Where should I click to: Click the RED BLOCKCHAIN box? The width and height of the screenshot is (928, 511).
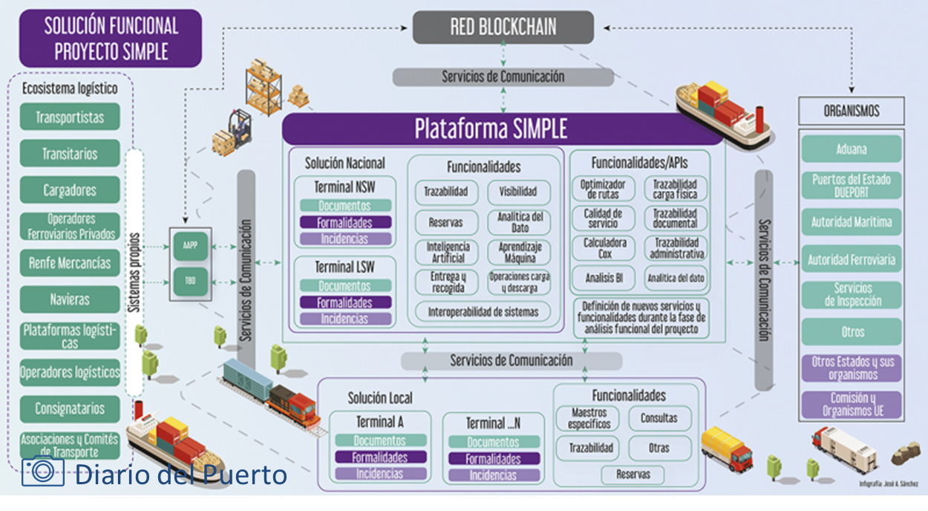(503, 27)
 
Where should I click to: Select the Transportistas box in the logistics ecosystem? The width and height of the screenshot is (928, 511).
(70, 117)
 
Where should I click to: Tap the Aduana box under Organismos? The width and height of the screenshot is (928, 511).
(851, 149)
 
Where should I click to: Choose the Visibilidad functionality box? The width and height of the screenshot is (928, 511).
(518, 192)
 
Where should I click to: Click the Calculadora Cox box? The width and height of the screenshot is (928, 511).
(604, 248)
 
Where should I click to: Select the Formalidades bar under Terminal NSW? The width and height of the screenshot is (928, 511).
(344, 222)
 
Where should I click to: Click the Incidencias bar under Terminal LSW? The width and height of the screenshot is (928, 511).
(344, 319)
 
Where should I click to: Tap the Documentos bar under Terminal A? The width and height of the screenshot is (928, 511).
(380, 440)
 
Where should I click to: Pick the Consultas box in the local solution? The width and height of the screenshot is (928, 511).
(659, 418)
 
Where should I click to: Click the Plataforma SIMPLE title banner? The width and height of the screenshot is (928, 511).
(491, 129)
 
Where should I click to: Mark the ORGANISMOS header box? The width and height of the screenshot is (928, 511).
(852, 111)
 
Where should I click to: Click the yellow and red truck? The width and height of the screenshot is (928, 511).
(726, 449)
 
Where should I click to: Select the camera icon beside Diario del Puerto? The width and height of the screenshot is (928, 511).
(42, 472)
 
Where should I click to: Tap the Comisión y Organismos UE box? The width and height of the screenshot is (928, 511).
(852, 405)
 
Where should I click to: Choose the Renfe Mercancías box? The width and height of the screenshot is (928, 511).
(70, 263)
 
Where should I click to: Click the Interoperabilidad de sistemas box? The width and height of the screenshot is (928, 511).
(483, 312)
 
